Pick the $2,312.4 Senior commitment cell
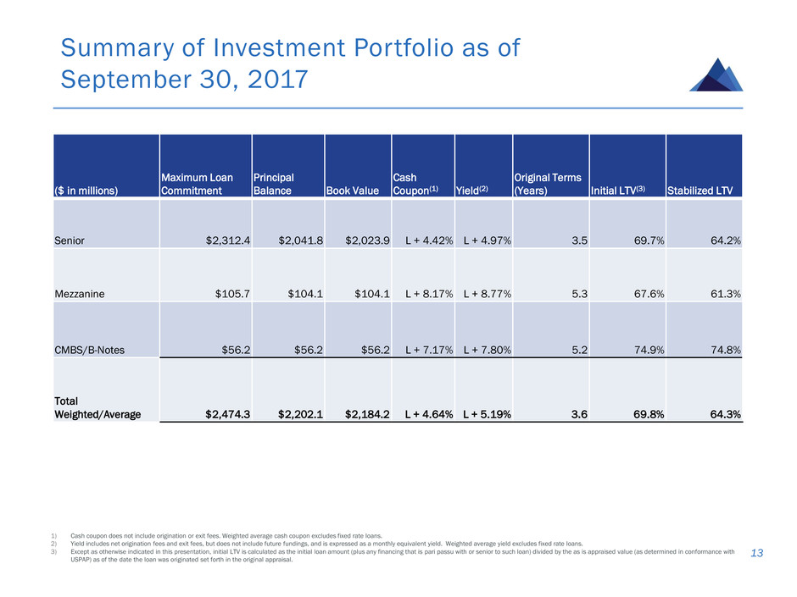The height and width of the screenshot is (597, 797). [229, 241]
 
